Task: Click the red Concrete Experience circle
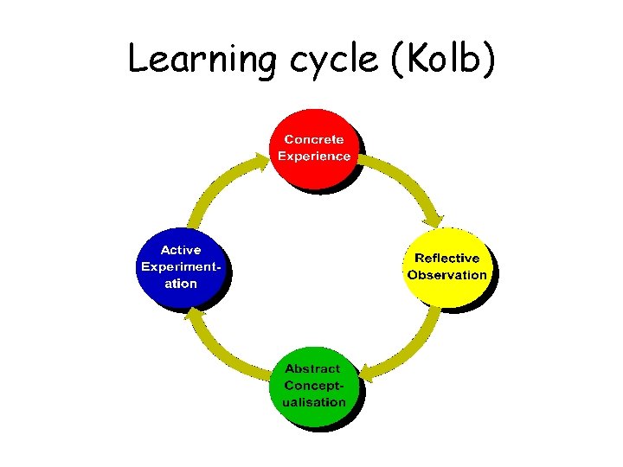314,148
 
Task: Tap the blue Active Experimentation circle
181,267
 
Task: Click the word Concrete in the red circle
314,139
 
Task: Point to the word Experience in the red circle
314,157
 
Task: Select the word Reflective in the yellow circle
446,258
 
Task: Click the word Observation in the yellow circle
447,275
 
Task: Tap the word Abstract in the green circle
312,368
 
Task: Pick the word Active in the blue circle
182,251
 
